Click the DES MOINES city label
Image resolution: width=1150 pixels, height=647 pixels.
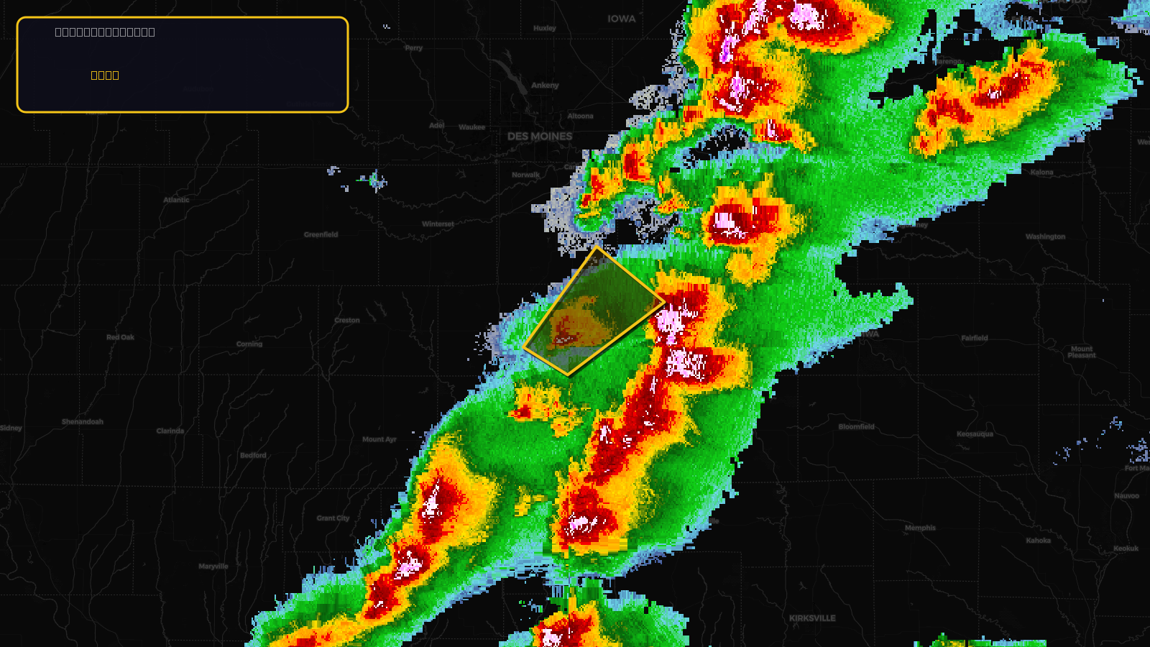[540, 137]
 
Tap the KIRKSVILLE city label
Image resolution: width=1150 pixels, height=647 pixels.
[812, 618]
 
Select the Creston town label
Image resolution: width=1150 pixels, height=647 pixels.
[347, 321]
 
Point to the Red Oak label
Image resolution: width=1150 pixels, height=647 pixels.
[120, 337]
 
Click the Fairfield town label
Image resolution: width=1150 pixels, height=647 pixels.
[975, 338]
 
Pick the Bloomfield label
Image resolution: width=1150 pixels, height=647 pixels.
[856, 427]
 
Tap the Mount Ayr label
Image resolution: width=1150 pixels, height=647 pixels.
[379, 439]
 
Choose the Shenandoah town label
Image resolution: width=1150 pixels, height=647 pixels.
[83, 422]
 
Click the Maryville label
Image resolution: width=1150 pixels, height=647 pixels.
[213, 566]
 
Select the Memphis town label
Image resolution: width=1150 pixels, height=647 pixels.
[920, 528]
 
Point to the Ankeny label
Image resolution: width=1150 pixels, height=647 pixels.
[545, 86]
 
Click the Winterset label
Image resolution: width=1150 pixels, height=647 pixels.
[438, 224]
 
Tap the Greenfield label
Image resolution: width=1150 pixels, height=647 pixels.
[321, 235]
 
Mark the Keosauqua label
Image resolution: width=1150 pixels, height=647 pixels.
[975, 434]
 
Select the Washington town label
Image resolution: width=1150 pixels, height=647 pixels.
[1045, 237]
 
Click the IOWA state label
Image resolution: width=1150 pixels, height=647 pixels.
[622, 19]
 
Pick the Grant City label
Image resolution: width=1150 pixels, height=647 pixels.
[333, 518]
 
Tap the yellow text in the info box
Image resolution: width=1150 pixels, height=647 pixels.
[105, 75]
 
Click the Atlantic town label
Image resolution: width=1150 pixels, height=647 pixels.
[176, 200]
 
